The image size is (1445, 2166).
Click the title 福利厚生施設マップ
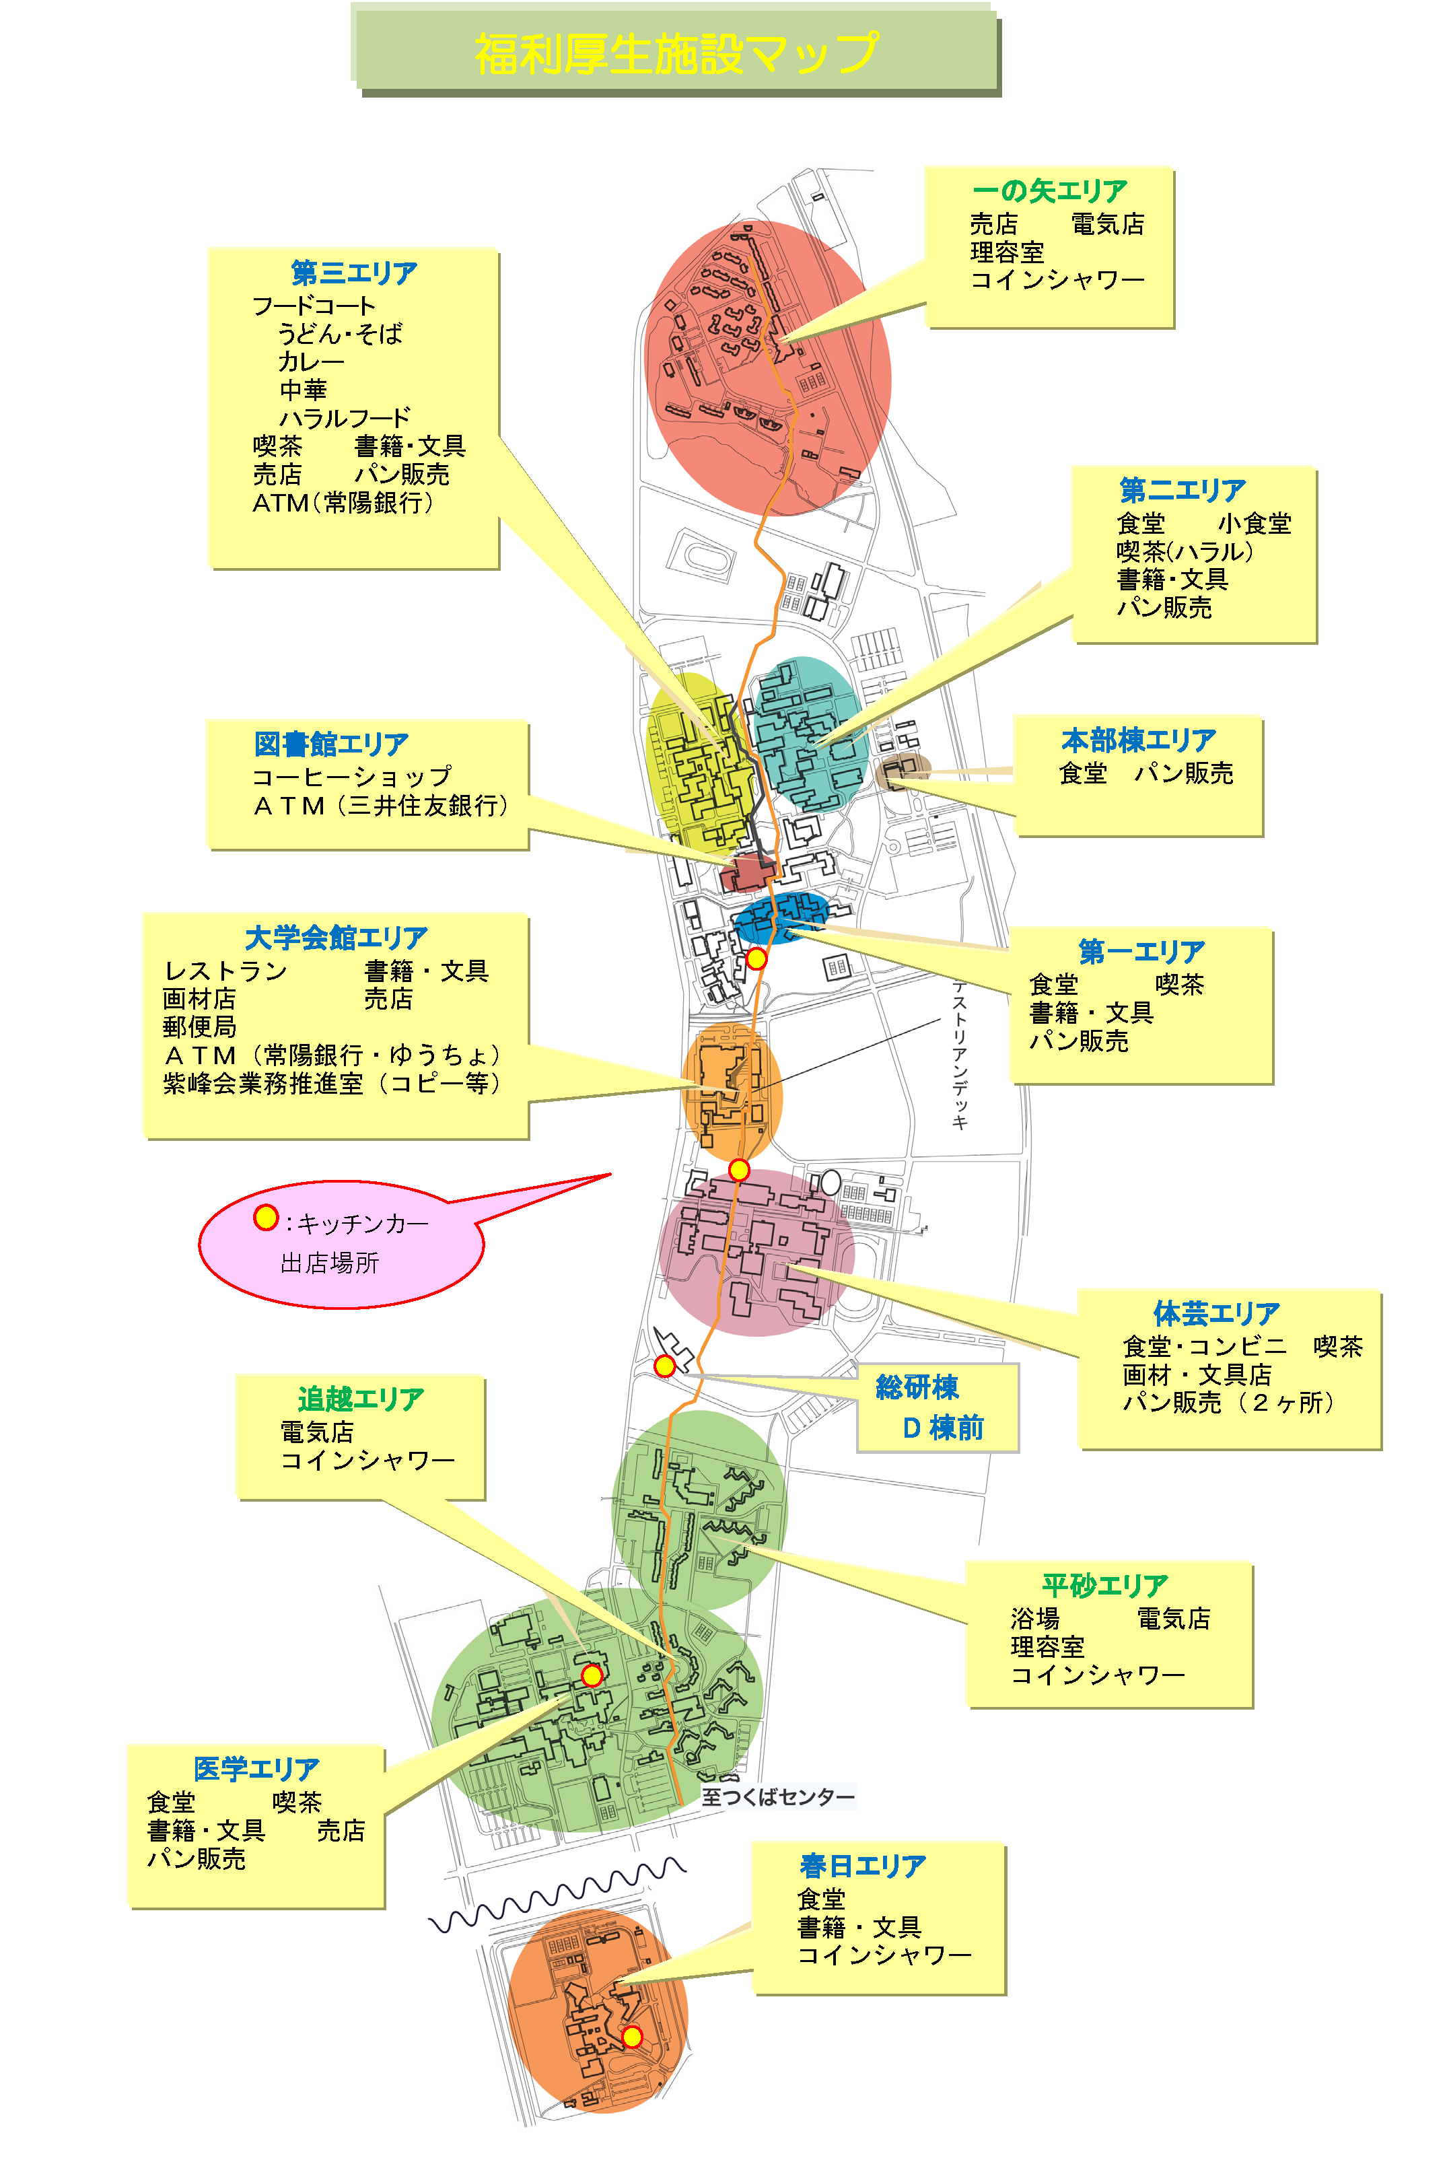(x=676, y=53)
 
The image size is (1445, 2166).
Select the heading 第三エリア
(x=354, y=273)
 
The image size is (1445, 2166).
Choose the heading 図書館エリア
(x=331, y=743)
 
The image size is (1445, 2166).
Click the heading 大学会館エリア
(x=337, y=938)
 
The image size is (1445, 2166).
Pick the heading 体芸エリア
(x=1216, y=1313)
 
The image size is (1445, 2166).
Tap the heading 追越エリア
(x=360, y=1398)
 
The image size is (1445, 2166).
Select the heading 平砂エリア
(x=1105, y=1584)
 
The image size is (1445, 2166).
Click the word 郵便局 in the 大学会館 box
(x=199, y=1026)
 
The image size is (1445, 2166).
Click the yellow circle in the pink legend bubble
(x=265, y=1218)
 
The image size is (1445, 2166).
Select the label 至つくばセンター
(x=778, y=1796)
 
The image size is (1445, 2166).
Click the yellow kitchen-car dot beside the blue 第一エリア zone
(x=756, y=958)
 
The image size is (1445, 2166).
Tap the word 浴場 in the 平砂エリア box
(x=1035, y=1619)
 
